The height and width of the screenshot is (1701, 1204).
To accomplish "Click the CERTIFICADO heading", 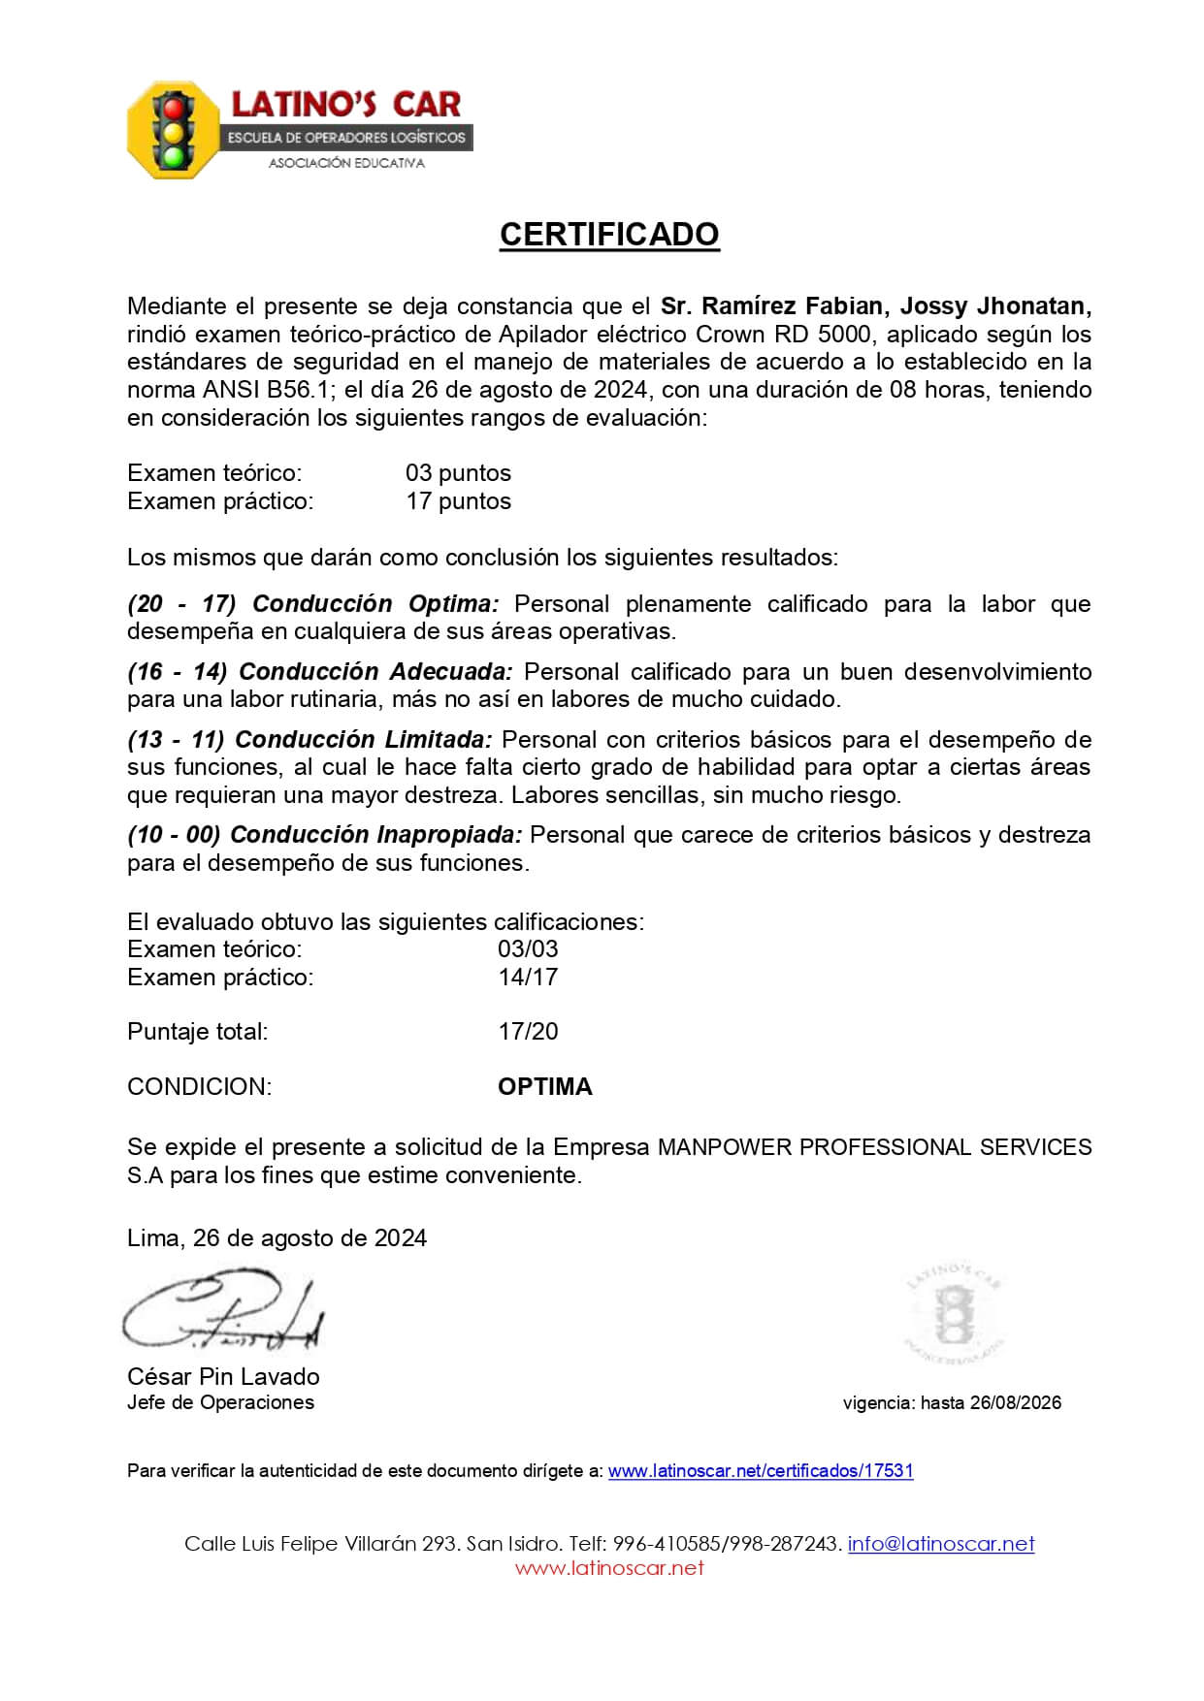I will [608, 235].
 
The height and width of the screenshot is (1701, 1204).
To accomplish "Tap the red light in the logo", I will [174, 105].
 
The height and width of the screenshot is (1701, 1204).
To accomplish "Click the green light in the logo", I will [174, 154].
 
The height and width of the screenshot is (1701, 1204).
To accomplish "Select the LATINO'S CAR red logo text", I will [344, 104].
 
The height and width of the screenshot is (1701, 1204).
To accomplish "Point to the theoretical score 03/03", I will [528, 948].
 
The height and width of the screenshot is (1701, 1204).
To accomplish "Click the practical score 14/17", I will [528, 977].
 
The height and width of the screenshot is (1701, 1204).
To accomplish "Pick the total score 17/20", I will [528, 1031].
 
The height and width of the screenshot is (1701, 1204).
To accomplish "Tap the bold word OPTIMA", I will [544, 1086].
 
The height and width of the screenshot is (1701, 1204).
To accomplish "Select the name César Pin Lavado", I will [223, 1376].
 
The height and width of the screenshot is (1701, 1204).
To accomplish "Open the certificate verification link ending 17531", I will [761, 1470].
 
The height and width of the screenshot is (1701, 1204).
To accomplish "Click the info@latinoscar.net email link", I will [941, 1543].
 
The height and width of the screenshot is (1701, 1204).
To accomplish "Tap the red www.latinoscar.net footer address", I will [609, 1567].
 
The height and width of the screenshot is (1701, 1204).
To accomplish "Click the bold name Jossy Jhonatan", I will [995, 306].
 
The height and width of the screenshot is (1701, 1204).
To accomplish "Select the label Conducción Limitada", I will [364, 739].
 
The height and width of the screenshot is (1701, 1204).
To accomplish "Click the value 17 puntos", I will [458, 500].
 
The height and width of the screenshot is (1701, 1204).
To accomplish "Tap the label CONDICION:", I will [199, 1086].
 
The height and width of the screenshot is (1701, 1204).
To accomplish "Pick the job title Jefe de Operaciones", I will [220, 1402].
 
